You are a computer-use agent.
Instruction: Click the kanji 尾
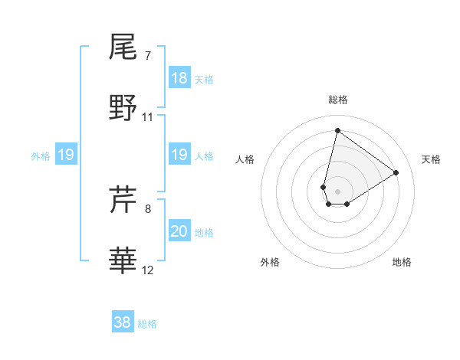(x=123, y=47)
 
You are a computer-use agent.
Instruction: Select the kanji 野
(x=123, y=108)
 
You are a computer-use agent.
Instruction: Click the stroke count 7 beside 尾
(x=147, y=56)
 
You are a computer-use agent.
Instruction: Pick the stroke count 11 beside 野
(x=148, y=117)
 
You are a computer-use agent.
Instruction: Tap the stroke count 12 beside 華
(x=148, y=270)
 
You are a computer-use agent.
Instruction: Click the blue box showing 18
(x=179, y=78)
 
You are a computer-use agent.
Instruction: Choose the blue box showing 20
(x=179, y=231)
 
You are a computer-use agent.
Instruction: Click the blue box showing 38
(x=123, y=322)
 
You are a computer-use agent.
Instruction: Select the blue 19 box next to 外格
(x=66, y=155)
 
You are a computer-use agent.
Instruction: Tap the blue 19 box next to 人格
(x=179, y=155)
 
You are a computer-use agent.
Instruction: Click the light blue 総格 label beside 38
(x=147, y=324)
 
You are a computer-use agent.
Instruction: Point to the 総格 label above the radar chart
(x=337, y=100)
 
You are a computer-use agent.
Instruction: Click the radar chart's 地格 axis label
(x=402, y=262)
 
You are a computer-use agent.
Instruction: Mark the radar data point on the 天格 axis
(x=396, y=172)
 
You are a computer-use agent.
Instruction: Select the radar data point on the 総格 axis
(x=337, y=130)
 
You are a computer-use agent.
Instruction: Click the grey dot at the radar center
(x=337, y=180)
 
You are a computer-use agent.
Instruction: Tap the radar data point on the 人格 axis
(x=324, y=187)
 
